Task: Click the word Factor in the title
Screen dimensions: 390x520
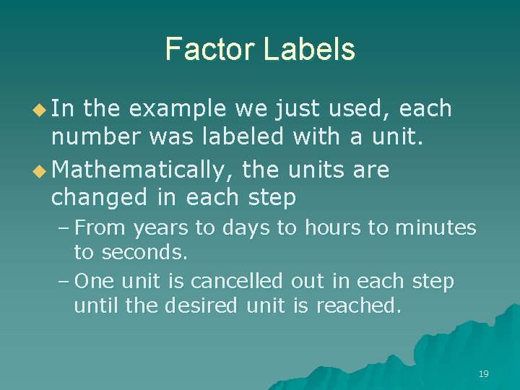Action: pyautogui.click(x=209, y=49)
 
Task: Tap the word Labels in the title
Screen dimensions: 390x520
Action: pyautogui.click(x=309, y=49)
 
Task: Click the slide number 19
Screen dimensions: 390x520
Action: pyautogui.click(x=483, y=373)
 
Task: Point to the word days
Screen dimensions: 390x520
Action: pyautogui.click(x=246, y=228)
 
